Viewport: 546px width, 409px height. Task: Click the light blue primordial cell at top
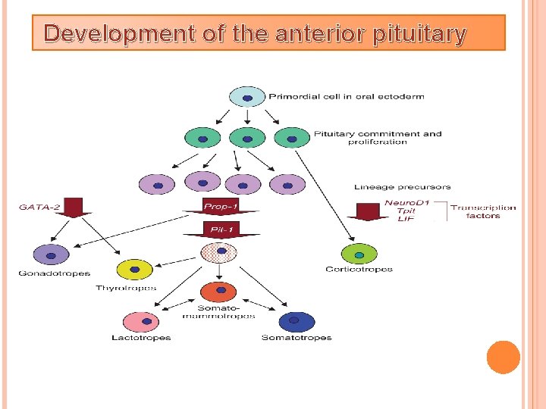click(x=247, y=97)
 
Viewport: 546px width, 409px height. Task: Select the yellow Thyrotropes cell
click(x=134, y=270)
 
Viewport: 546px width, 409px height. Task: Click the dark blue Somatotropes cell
click(x=297, y=322)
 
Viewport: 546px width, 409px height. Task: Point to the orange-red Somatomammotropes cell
click(x=220, y=291)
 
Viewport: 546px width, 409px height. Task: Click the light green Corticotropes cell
click(x=359, y=254)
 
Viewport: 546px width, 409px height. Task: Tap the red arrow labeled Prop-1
click(x=221, y=207)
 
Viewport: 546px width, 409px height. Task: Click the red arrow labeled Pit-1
click(x=221, y=229)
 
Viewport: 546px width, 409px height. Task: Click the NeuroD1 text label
click(x=407, y=202)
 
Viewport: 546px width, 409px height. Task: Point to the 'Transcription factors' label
click(x=483, y=211)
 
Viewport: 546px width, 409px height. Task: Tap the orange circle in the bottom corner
click(x=503, y=357)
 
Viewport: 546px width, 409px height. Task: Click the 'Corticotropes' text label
click(x=359, y=270)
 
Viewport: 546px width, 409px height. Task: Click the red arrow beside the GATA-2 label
click(x=74, y=207)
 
